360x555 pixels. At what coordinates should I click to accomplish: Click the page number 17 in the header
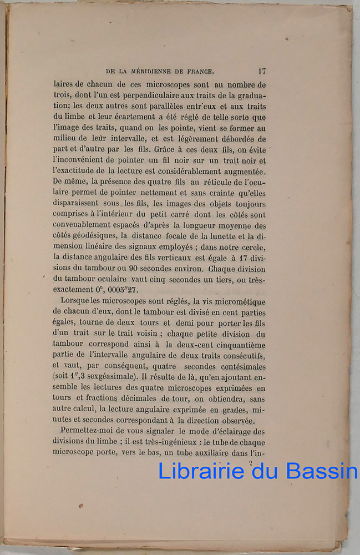261,71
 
